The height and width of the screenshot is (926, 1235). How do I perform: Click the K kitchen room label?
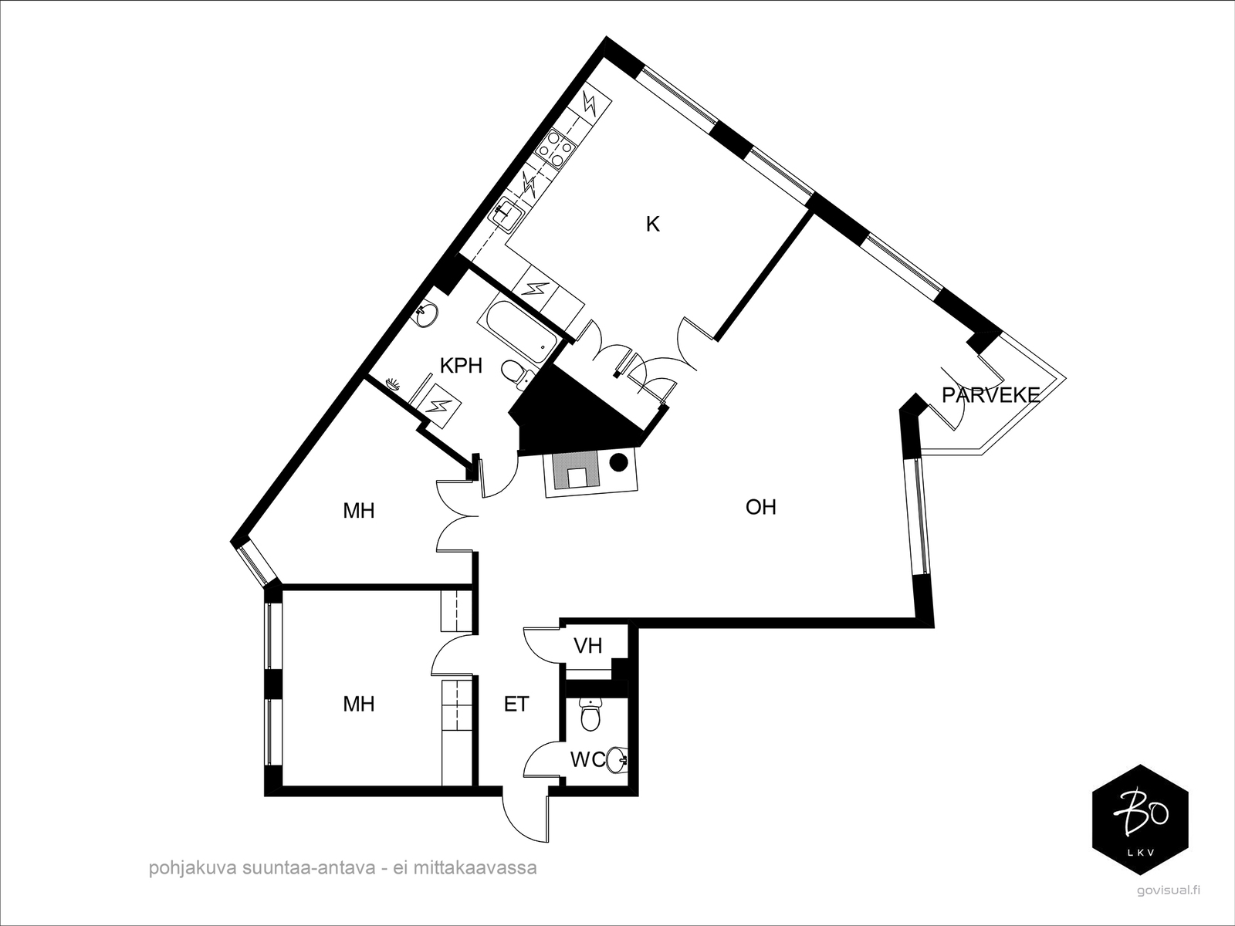652,225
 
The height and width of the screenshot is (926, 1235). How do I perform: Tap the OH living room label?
761,507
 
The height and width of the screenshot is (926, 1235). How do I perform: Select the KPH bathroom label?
461,366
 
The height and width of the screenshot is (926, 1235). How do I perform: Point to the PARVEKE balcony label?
990,395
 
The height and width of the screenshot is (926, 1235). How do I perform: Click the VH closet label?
588,646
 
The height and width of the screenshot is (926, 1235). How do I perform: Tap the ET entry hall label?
516,704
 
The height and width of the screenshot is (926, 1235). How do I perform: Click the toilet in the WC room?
590,714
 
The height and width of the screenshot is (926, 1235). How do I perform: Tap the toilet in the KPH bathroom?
516,373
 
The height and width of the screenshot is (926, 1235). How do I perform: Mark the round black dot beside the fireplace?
618,461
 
